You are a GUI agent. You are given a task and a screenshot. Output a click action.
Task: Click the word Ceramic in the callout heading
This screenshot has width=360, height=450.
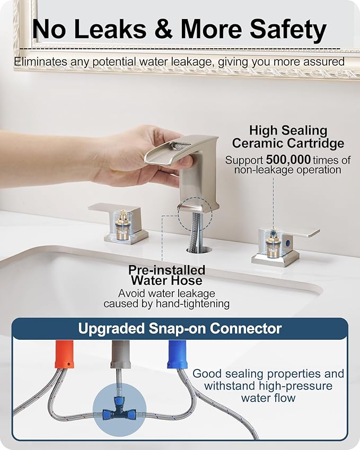pos(259,143)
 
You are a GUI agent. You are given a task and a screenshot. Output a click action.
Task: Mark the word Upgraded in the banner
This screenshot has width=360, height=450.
pos(107,329)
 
